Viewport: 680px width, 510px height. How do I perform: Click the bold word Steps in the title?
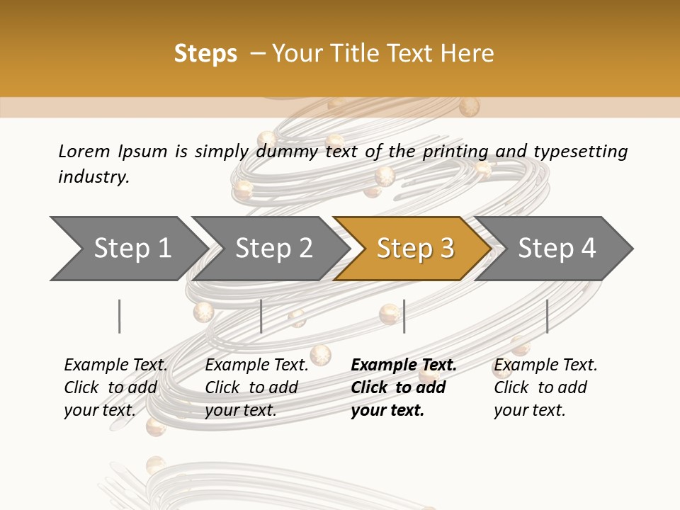click(x=205, y=54)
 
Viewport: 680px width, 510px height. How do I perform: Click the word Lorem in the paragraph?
click(x=84, y=152)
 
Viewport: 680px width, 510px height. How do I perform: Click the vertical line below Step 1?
click(x=120, y=316)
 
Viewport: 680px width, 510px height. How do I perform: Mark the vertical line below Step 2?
click(x=261, y=316)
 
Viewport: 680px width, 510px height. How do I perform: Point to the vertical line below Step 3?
click(x=404, y=316)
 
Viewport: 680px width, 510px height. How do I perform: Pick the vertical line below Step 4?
click(x=547, y=316)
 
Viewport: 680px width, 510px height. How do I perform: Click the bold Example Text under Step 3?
click(x=404, y=365)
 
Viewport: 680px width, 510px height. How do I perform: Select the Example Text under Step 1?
click(x=115, y=365)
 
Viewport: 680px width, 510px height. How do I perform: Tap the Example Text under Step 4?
click(x=545, y=365)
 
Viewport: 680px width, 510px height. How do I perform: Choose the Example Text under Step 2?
click(x=256, y=365)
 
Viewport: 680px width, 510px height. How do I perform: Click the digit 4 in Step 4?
click(x=588, y=249)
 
